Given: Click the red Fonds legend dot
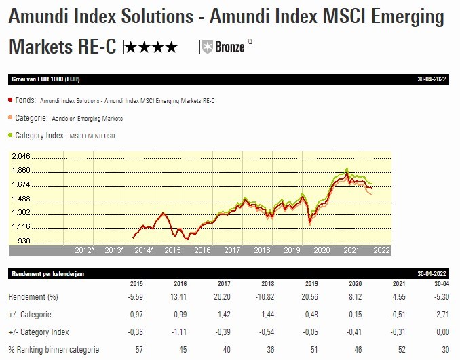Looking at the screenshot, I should (11, 100).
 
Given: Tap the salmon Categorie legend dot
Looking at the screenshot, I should (11, 118).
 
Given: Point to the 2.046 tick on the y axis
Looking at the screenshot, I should (20, 156).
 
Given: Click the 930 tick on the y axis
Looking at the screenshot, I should (24, 241).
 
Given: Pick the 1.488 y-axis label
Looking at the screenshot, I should (20, 199).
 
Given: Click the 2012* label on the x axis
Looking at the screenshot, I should (84, 250).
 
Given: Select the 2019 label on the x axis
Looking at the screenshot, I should (292, 250).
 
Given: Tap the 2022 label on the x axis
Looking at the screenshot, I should (381, 250).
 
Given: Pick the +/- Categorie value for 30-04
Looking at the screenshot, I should (442, 315).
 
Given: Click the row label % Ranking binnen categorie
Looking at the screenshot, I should (54, 350).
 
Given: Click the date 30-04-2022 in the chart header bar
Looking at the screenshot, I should (433, 79).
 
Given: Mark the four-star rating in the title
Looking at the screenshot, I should (151, 47).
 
